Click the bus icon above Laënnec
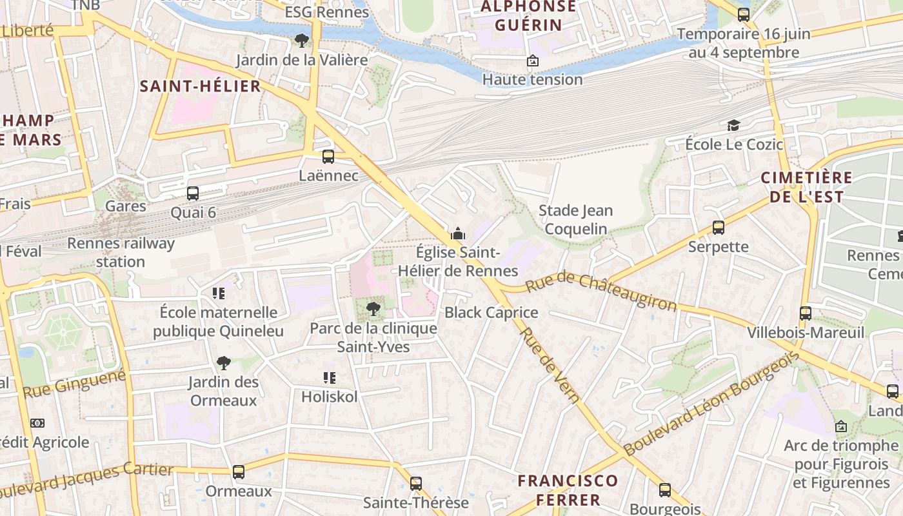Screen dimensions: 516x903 328,157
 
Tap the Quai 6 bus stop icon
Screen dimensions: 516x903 193,193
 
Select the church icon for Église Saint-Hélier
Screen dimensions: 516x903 458,233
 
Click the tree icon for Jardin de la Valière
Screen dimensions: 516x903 301,41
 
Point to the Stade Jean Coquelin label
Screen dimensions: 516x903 575,219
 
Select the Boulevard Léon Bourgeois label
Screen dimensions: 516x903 711,404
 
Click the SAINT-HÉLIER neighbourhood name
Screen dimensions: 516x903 201,86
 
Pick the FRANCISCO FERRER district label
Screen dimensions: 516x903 568,490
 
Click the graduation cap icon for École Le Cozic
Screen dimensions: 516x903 733,125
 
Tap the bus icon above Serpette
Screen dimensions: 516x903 719,228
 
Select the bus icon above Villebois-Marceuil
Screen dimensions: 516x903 806,313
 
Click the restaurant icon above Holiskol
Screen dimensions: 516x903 330,378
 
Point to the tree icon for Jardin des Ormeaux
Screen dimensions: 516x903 223,362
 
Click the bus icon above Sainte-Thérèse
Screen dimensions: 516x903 416,484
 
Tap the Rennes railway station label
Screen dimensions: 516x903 121,252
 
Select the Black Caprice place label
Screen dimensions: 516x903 491,313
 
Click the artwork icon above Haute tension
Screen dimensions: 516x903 533,61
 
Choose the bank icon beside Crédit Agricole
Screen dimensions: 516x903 37,423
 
